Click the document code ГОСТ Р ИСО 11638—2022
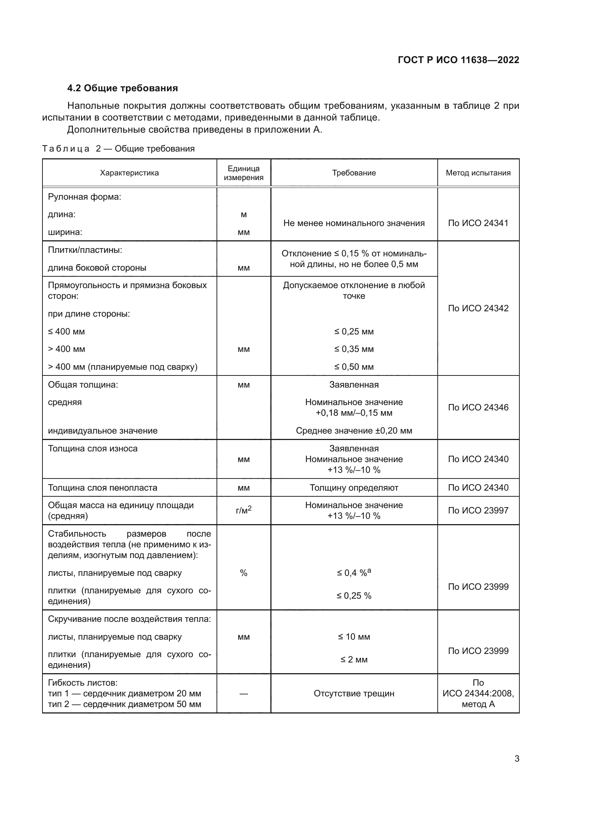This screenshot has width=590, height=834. pos(458,60)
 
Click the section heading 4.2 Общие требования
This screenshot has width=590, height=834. pos(122,88)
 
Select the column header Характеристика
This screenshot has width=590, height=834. pos(129,173)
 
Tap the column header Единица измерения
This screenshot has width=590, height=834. pos(243,173)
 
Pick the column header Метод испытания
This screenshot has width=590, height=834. pos(478,173)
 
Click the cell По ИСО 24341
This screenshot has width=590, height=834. pos(478,223)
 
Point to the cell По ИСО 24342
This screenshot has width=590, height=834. pos(478,308)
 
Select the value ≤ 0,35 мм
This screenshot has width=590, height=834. pos(354,349)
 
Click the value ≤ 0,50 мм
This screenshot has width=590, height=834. pos(354,367)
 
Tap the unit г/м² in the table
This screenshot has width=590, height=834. pos(243,510)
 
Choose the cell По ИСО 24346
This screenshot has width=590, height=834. pos(478,408)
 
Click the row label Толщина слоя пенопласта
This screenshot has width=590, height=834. pos(102,487)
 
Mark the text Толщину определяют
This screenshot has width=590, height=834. pos(354,487)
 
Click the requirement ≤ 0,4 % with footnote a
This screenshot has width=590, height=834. pos(354,573)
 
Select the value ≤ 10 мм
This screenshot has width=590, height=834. pos(354,637)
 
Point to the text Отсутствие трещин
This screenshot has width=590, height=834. pos(354,694)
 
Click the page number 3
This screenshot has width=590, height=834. pos(517,759)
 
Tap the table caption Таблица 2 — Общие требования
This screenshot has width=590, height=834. pos(118,149)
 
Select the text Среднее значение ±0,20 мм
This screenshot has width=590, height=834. pos(354,431)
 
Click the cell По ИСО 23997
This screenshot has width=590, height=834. pos(478,510)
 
